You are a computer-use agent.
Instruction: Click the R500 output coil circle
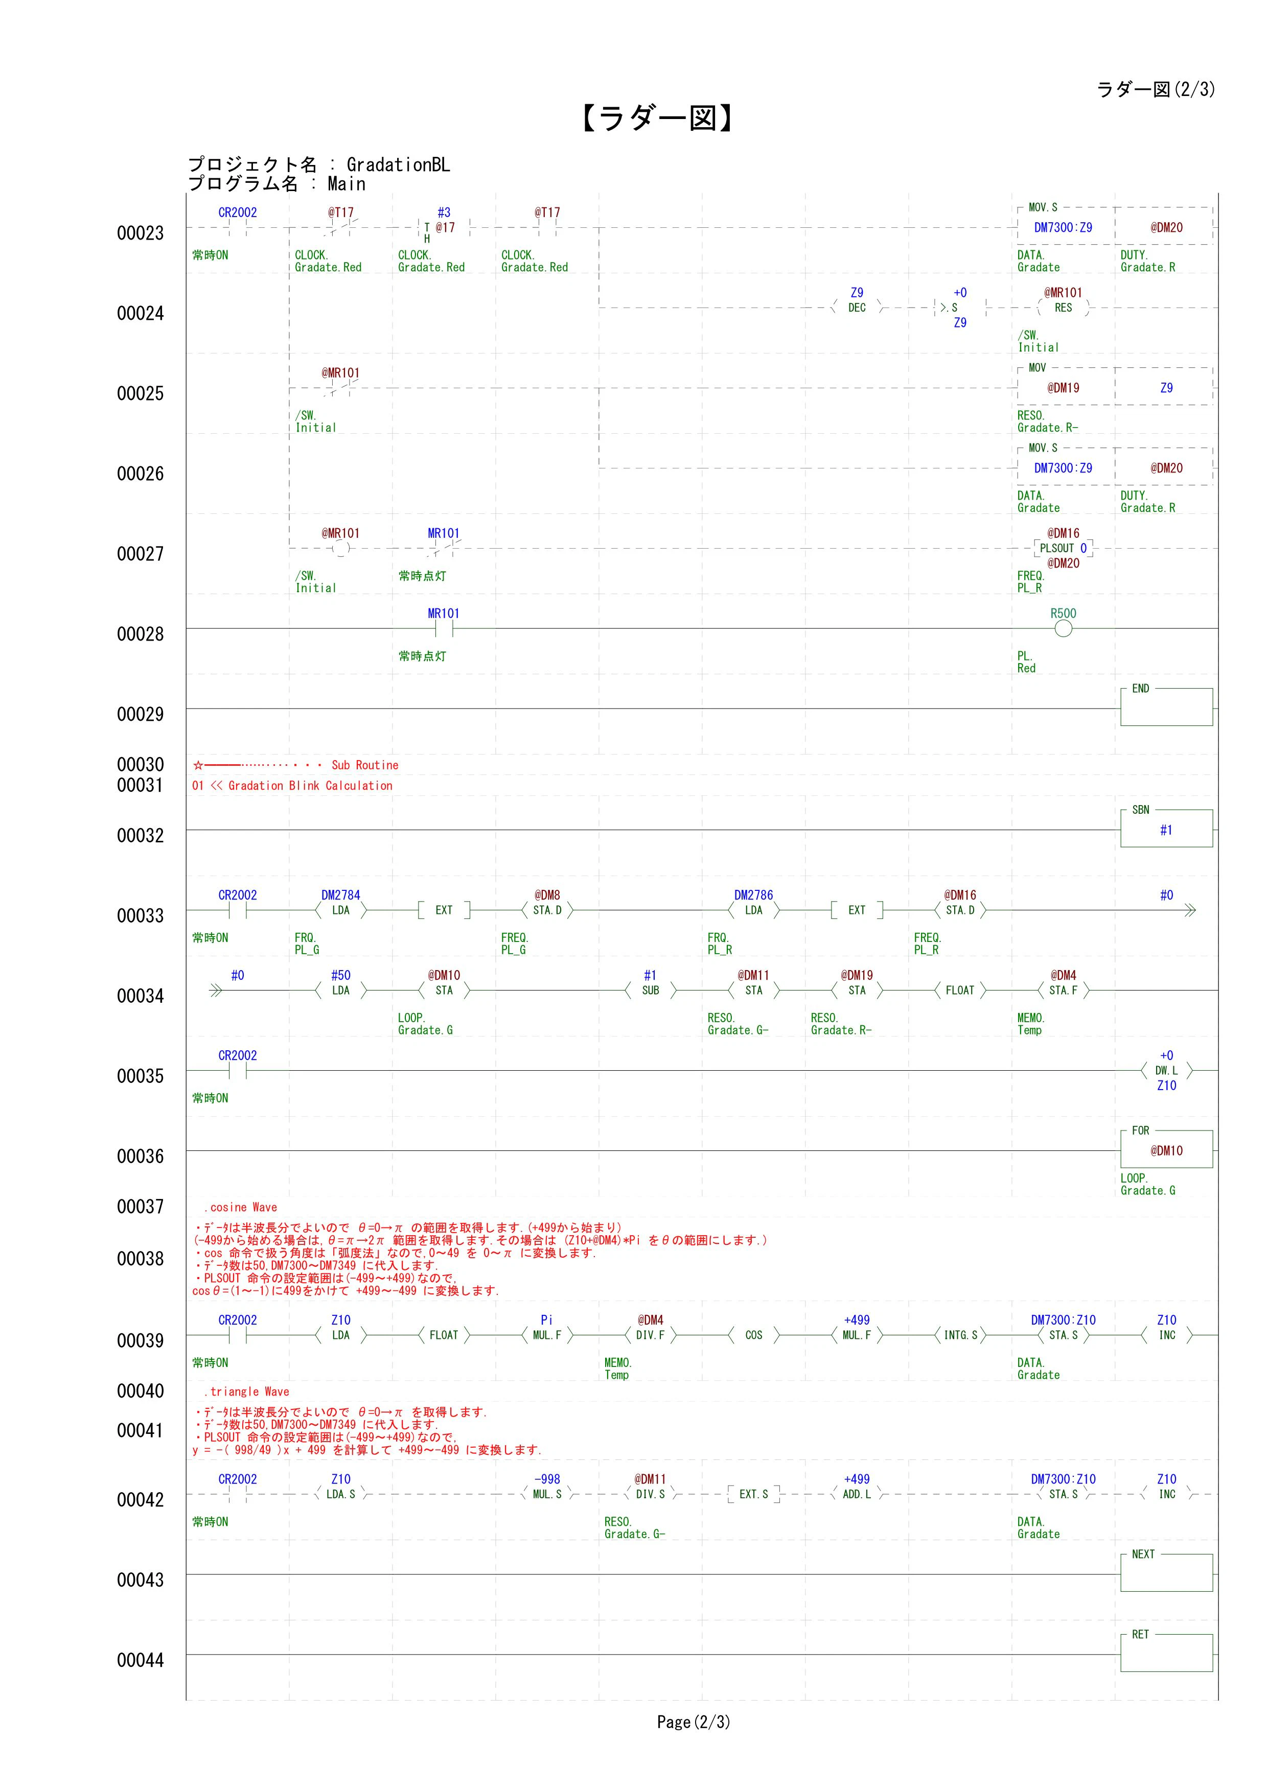point(1063,629)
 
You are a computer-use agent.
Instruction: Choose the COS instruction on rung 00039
point(753,1335)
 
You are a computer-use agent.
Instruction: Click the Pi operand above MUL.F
point(546,1320)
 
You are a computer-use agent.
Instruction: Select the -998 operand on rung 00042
point(546,1479)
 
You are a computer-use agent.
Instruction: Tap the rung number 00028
point(141,634)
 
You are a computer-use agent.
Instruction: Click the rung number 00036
point(141,1156)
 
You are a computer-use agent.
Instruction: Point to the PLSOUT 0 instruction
point(1063,549)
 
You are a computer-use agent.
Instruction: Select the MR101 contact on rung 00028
point(444,628)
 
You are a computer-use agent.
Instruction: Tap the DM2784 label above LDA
point(341,895)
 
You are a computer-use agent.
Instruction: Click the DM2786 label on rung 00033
point(753,895)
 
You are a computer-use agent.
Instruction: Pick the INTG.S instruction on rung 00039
point(960,1335)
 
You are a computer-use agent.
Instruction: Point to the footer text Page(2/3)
point(693,1722)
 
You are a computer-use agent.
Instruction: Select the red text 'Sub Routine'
point(364,765)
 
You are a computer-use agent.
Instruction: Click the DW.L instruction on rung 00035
point(1166,1071)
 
